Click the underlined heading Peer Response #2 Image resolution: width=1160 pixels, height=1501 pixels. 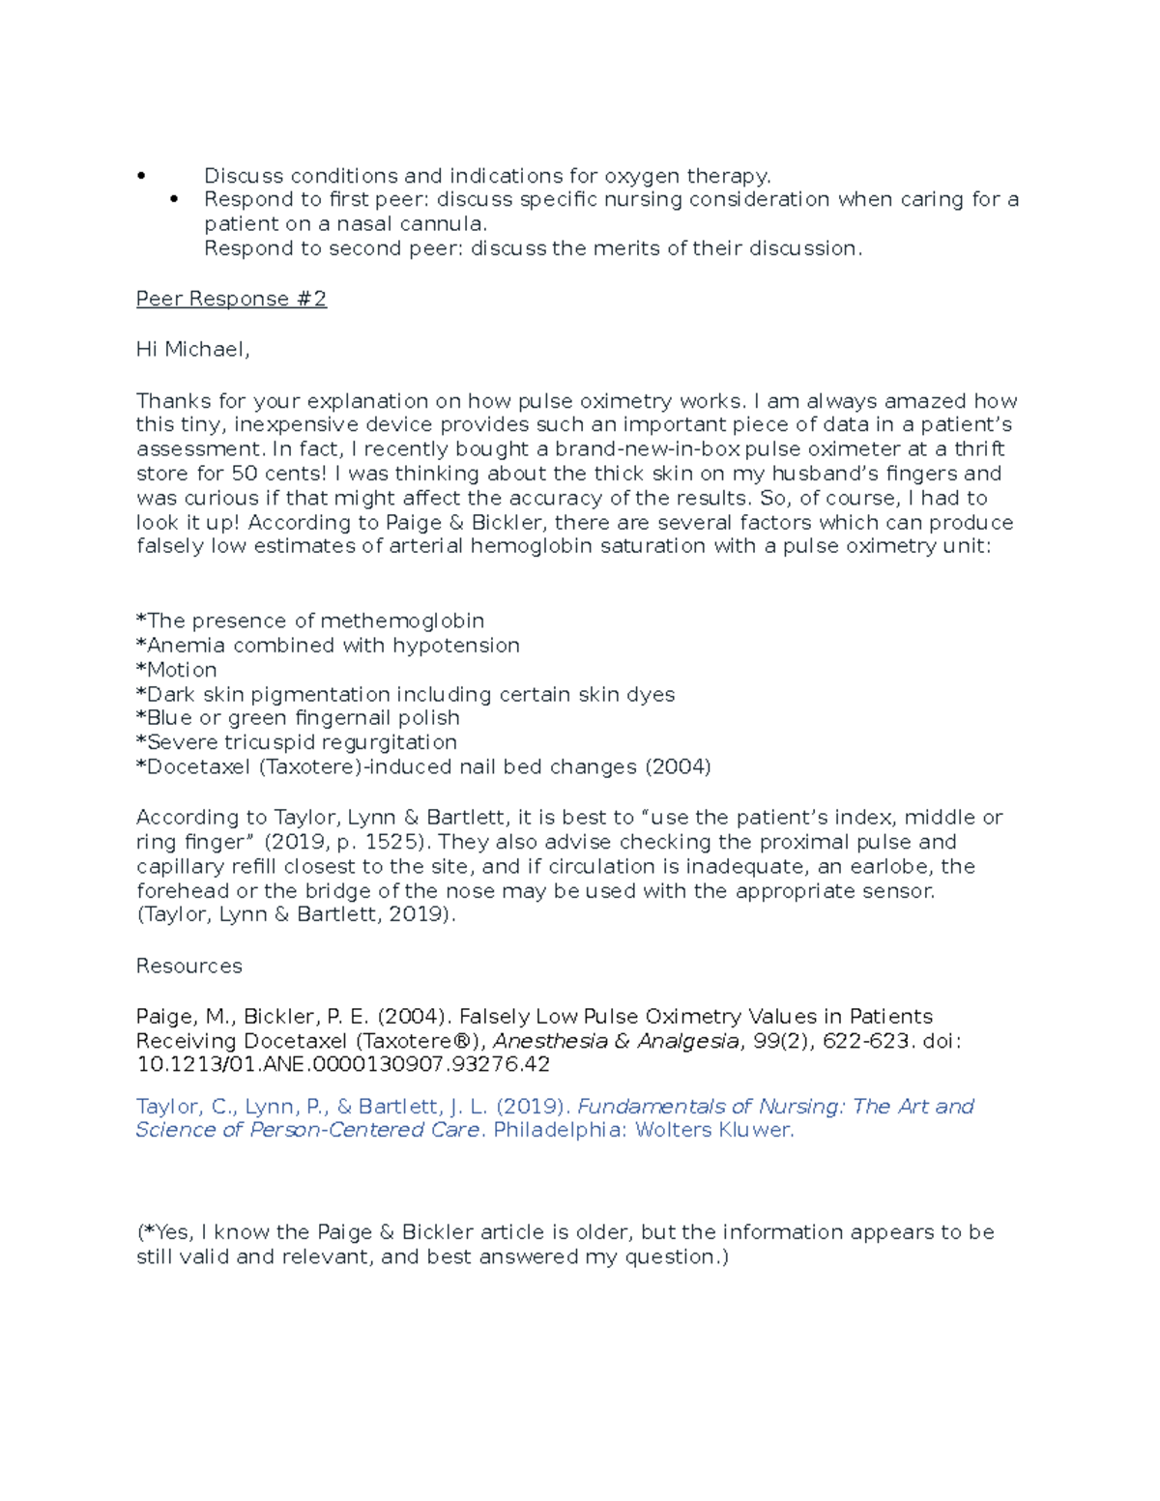(x=231, y=300)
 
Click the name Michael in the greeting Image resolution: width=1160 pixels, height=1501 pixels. (x=205, y=350)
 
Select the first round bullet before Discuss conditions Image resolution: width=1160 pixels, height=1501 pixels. (x=141, y=176)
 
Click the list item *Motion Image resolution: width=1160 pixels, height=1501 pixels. (x=177, y=670)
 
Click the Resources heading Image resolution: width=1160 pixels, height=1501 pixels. (x=188, y=967)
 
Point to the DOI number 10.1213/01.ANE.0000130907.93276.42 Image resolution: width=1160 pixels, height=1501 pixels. (x=343, y=1065)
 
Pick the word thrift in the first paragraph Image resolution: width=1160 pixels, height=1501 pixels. (x=979, y=449)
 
